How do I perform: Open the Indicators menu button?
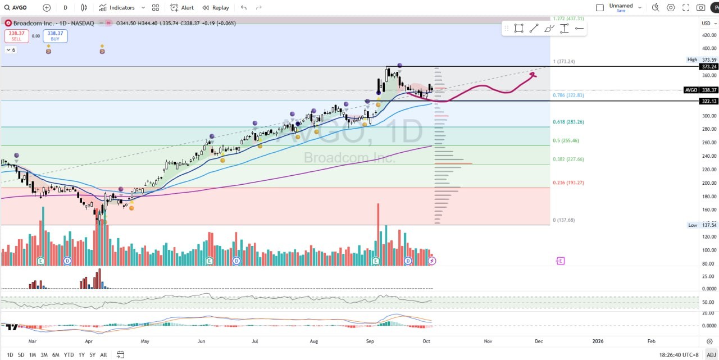tap(117, 7)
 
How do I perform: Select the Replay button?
tap(216, 7)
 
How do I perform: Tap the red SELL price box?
tap(16, 36)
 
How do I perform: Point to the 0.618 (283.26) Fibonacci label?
tap(568, 122)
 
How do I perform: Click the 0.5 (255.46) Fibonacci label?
tap(566, 140)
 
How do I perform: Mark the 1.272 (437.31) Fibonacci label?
tap(568, 19)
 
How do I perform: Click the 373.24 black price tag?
tap(709, 66)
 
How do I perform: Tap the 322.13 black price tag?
tap(709, 101)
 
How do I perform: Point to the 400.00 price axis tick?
tap(709, 48)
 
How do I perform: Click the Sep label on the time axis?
tap(370, 341)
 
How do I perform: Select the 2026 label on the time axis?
tap(598, 341)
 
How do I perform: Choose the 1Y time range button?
tap(81, 355)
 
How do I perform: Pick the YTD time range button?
tap(69, 355)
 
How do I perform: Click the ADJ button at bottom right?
tap(711, 355)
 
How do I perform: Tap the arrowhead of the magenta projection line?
tap(533, 74)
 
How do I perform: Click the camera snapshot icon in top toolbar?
tap(700, 7)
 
